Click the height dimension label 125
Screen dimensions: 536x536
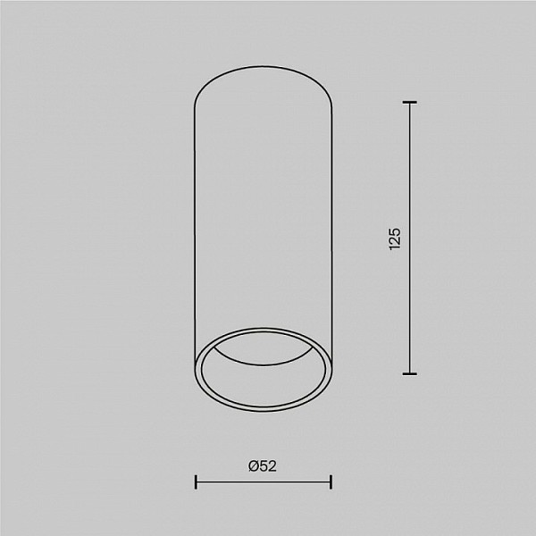click(395, 239)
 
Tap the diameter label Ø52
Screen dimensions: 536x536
click(263, 466)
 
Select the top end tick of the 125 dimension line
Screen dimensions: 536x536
click(409, 102)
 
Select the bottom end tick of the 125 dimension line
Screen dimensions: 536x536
click(409, 374)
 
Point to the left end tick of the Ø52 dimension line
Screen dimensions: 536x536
click(196, 482)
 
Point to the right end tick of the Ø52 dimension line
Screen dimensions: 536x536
click(331, 482)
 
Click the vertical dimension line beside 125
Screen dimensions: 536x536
click(410, 238)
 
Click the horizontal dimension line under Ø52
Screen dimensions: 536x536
click(264, 482)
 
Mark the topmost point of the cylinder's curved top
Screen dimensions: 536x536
click(264, 66)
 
